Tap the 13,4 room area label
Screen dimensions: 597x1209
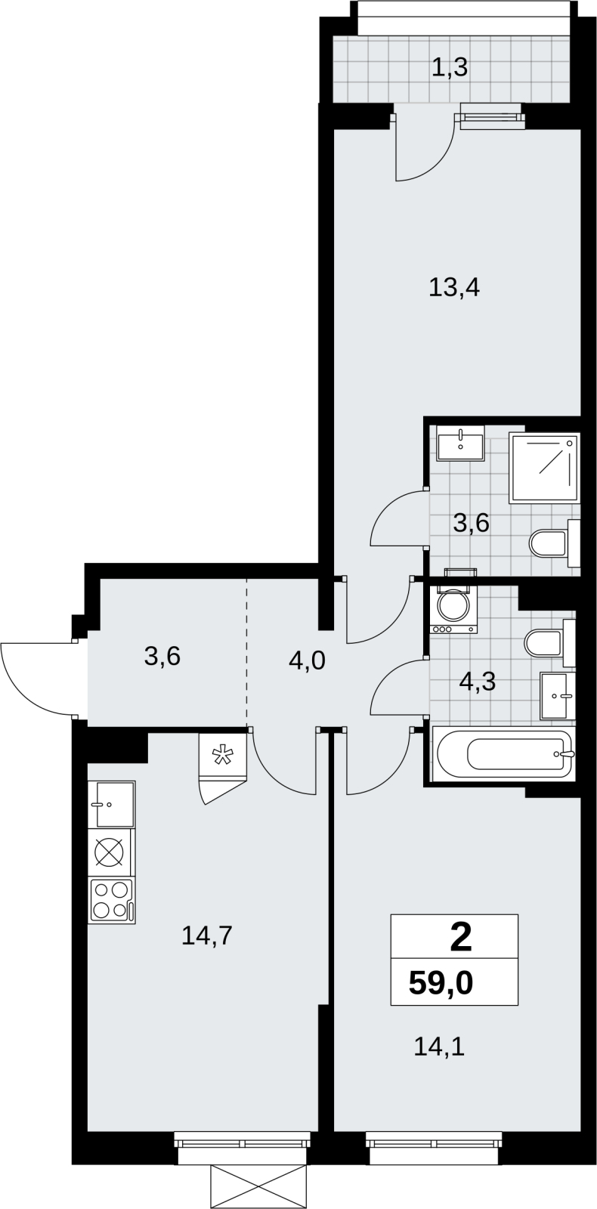tap(454, 288)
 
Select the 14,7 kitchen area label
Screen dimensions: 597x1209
tap(207, 935)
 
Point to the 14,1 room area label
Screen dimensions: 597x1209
tap(439, 1047)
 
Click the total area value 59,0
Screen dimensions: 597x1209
tap(441, 983)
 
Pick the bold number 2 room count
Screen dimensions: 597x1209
tap(460, 938)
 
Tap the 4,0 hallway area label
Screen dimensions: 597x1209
tap(307, 660)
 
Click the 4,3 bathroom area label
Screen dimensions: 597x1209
tap(477, 681)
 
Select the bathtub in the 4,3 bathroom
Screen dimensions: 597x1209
tap(503, 753)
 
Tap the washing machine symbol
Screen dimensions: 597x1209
tap(453, 609)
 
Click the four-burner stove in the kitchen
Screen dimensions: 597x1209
tap(113, 901)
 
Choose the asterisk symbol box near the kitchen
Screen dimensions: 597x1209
tap(222, 755)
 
